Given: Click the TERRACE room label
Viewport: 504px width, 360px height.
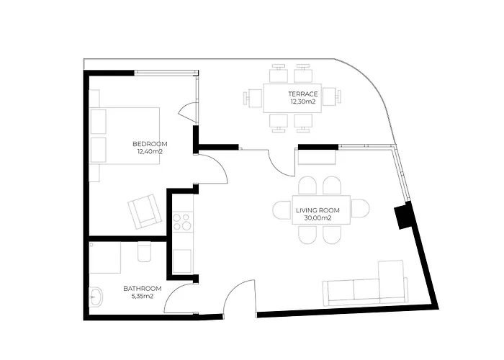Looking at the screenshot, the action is pyautogui.click(x=303, y=94).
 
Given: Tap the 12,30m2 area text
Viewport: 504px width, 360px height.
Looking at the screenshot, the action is pyautogui.click(x=302, y=102).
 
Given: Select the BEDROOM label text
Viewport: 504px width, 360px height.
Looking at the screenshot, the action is pyautogui.click(x=150, y=144).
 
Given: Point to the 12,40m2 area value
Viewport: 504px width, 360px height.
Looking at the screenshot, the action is pyautogui.click(x=150, y=152).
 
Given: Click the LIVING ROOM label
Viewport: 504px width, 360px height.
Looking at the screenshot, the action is pyautogui.click(x=318, y=210).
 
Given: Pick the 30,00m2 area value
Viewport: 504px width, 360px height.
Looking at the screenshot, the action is pyautogui.click(x=318, y=218).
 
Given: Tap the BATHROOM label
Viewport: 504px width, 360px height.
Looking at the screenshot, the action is pyautogui.click(x=143, y=289).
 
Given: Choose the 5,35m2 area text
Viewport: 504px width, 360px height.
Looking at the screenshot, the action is pyautogui.click(x=143, y=297).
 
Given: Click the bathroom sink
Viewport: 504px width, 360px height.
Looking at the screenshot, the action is pyautogui.click(x=96, y=297).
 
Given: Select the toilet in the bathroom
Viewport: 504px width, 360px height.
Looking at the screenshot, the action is pyautogui.click(x=144, y=251).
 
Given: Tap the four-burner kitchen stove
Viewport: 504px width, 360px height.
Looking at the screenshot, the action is pyautogui.click(x=181, y=222).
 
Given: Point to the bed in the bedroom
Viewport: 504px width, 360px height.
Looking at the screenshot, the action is pyautogui.click(x=125, y=136).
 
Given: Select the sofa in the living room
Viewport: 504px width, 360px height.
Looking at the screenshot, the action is pyautogui.click(x=366, y=284).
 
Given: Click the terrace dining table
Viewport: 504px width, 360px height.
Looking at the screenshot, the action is pyautogui.click(x=292, y=98).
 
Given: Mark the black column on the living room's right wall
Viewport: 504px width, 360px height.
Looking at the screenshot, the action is pyautogui.click(x=402, y=216).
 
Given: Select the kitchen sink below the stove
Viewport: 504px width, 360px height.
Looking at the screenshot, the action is pyautogui.click(x=183, y=261).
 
